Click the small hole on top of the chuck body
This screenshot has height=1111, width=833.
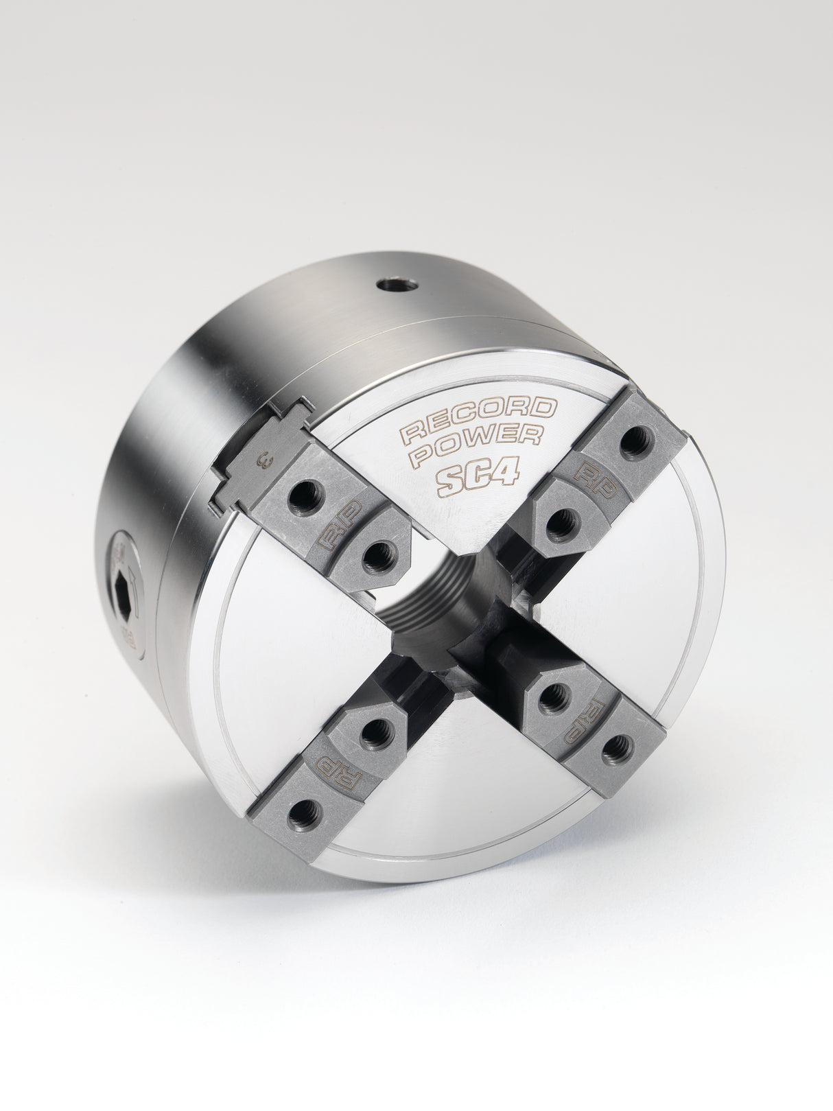(397, 283)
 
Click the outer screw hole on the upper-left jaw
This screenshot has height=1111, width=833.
(302, 500)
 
